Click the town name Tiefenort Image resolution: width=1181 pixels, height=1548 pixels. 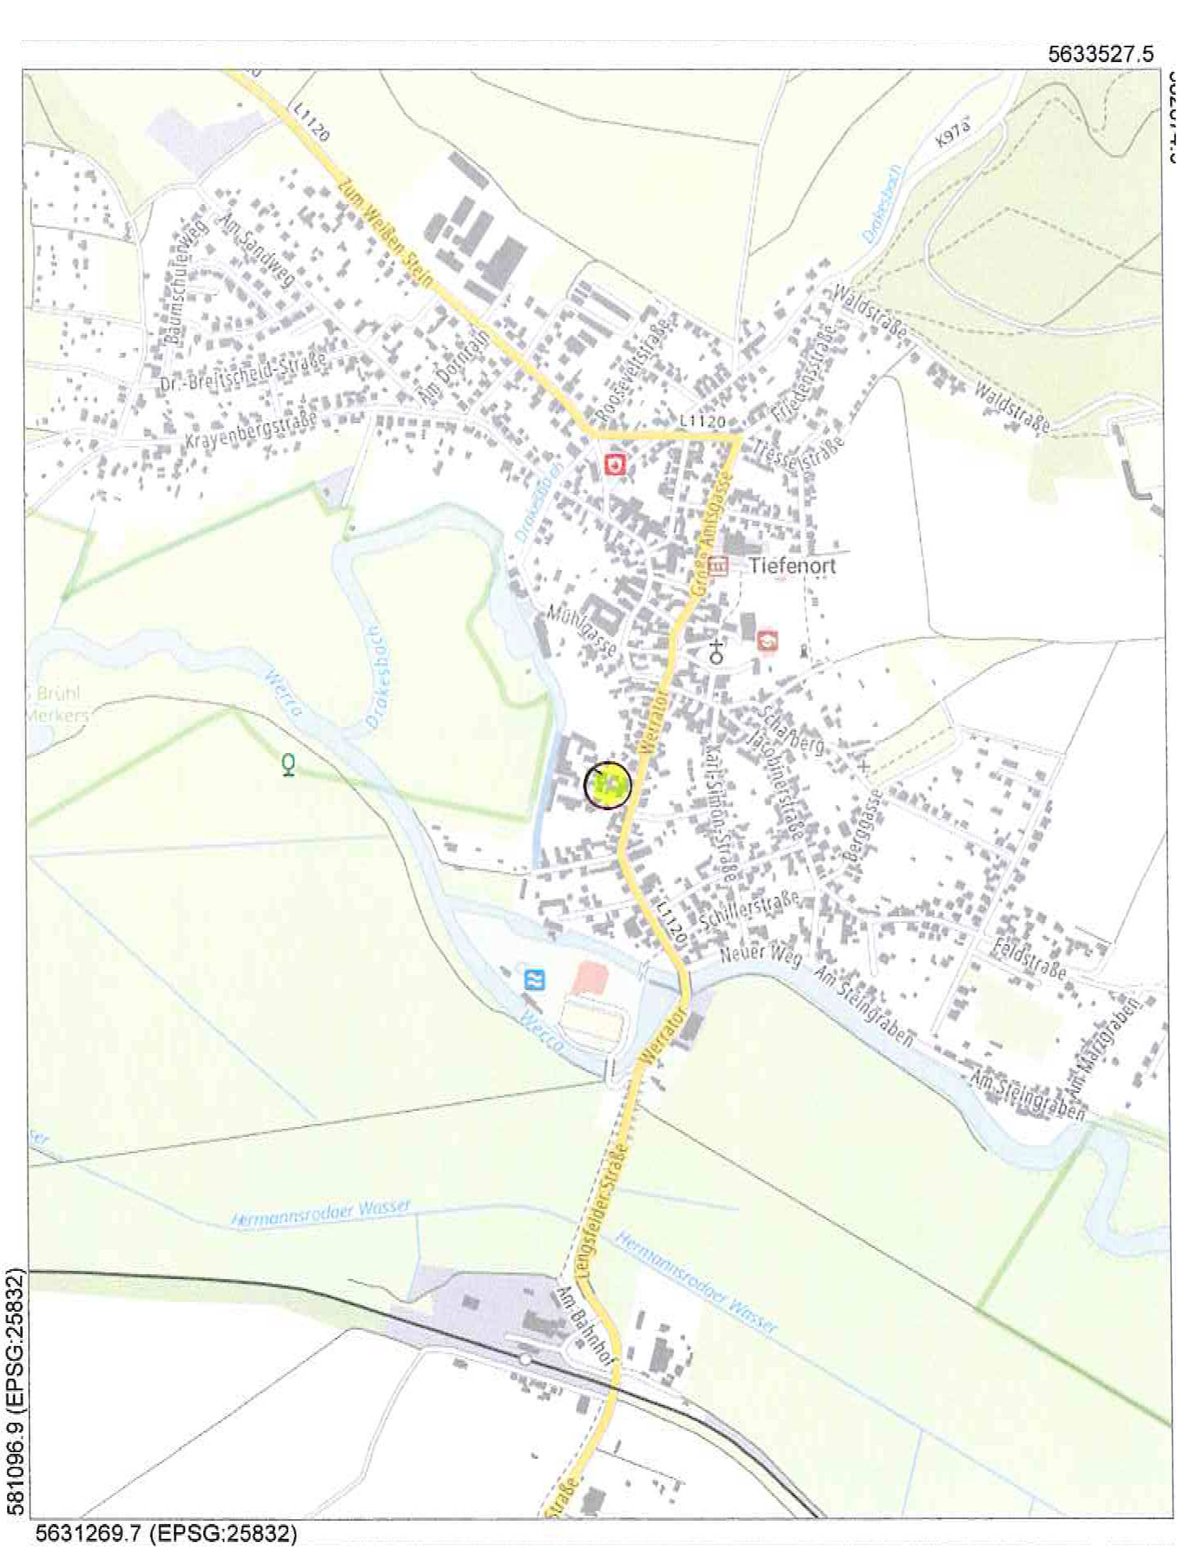click(792, 566)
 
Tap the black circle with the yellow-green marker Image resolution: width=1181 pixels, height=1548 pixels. click(608, 785)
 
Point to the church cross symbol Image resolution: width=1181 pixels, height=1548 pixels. click(716, 651)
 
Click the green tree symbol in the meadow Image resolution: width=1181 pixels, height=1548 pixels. click(288, 764)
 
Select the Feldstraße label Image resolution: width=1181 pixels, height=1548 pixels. click(1028, 958)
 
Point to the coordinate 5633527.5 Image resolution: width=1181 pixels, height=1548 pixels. click(1100, 54)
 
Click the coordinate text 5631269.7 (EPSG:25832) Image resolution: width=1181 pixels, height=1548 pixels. click(166, 1533)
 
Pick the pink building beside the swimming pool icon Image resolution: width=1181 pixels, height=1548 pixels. click(590, 978)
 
